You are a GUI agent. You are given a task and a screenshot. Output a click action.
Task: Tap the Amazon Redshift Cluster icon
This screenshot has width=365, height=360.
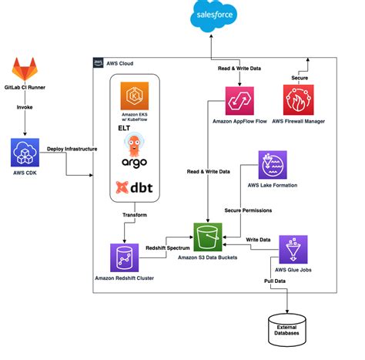pyautogui.click(x=126, y=255)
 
